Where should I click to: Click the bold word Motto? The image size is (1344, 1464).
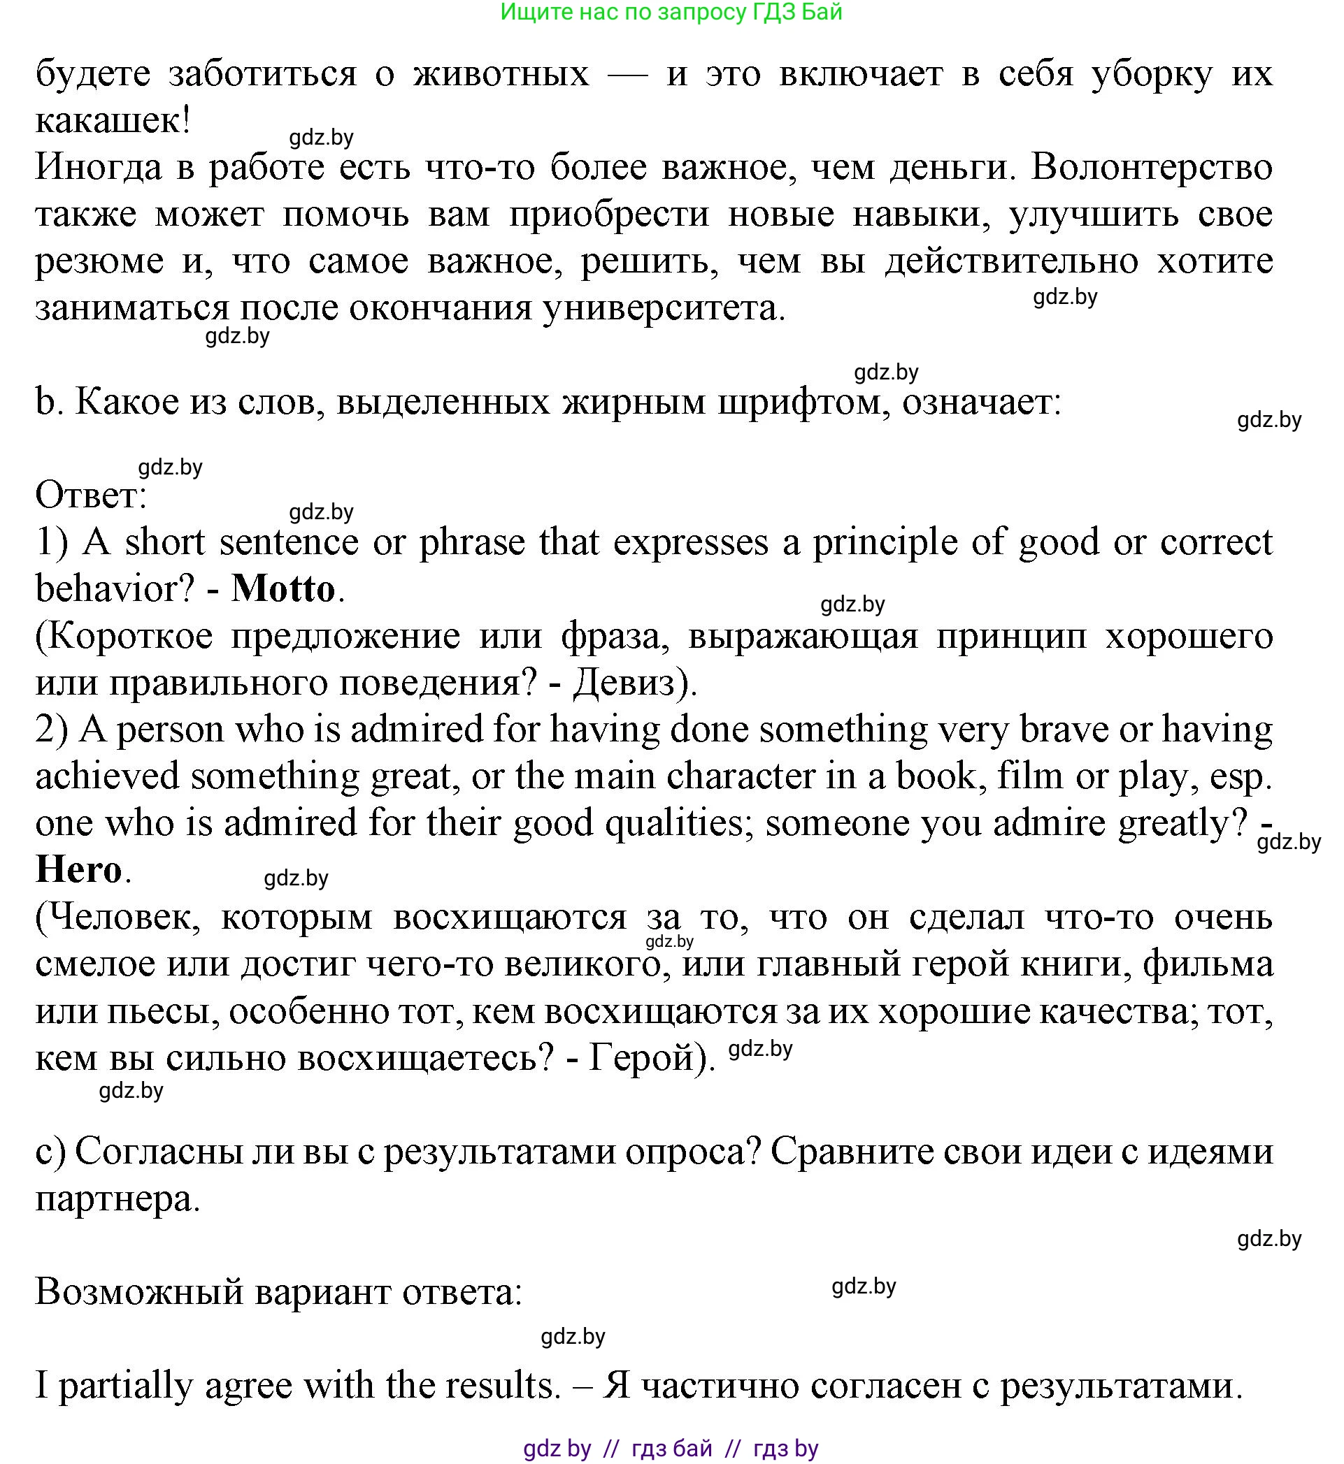point(283,590)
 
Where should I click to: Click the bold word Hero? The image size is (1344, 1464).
point(78,870)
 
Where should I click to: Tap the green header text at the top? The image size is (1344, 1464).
point(671,13)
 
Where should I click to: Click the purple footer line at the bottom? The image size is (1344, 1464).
point(671,1448)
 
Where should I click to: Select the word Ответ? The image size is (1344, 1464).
point(91,496)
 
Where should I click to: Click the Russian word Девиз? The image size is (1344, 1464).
point(624,683)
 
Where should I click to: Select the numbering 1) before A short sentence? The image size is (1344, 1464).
point(52,543)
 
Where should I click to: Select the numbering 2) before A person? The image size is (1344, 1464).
point(52,730)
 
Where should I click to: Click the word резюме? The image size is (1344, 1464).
point(99,261)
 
